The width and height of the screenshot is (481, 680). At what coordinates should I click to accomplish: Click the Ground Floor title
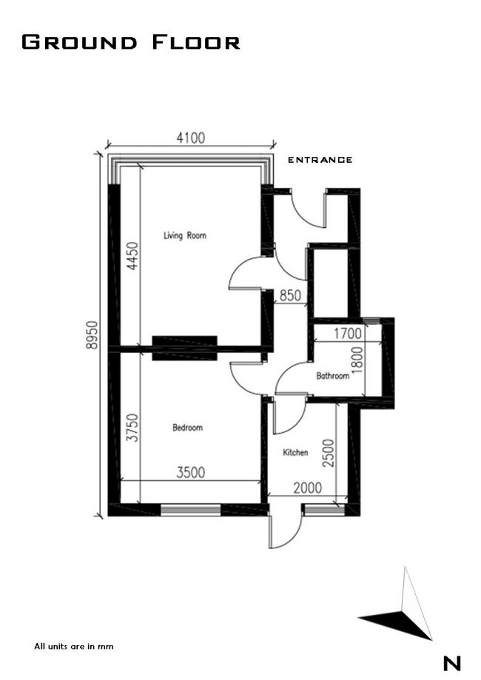[x=131, y=41]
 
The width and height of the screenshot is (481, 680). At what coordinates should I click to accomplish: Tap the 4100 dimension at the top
[x=190, y=138]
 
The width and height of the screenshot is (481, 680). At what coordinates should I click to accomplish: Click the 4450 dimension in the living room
[x=132, y=255]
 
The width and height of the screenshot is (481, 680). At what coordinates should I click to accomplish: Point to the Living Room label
[x=184, y=236]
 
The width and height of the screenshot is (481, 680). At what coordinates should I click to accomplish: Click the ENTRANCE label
[x=320, y=160]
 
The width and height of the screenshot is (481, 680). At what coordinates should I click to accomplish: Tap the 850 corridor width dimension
[x=289, y=296]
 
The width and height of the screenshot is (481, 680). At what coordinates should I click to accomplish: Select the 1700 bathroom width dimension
[x=348, y=334]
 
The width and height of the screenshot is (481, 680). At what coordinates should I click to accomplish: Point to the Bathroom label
[x=332, y=376]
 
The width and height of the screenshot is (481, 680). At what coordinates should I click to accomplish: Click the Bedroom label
[x=187, y=428]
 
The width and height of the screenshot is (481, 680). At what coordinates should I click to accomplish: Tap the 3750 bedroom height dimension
[x=132, y=428]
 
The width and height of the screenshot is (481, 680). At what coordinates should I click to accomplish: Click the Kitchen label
[x=295, y=453]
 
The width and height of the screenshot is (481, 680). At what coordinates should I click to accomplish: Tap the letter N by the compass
[x=451, y=663]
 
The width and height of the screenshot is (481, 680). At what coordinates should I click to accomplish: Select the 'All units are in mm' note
[x=73, y=646]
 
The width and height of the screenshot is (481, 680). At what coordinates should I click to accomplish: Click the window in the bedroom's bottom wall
[x=190, y=509]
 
